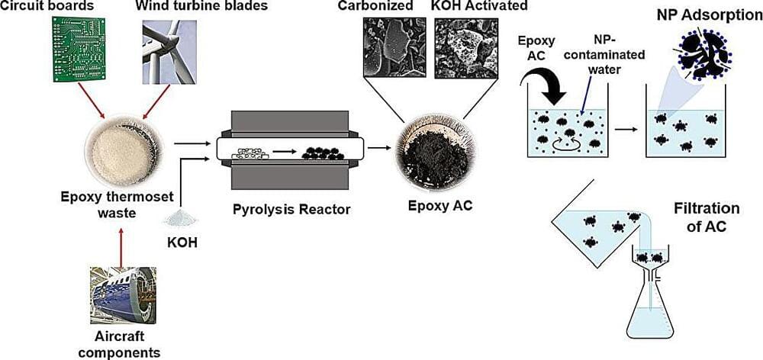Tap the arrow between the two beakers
pos(626,129)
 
